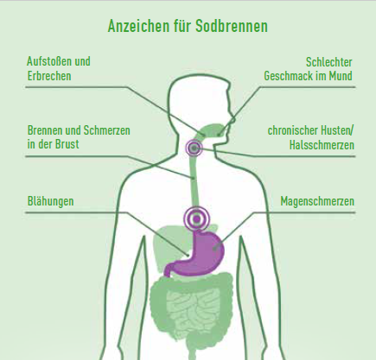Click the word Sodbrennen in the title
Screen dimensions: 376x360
[232, 26]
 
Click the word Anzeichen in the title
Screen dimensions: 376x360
[138, 26]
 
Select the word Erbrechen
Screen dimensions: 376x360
[49, 76]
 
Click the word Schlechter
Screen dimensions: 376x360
[329, 62]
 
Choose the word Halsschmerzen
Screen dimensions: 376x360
[322, 145]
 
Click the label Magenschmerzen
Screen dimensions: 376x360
[317, 201]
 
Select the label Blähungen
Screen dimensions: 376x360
[51, 201]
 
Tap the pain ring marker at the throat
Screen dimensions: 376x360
[194, 148]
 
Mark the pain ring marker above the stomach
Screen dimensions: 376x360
[197, 219]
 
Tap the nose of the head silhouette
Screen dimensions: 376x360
[232, 117]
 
